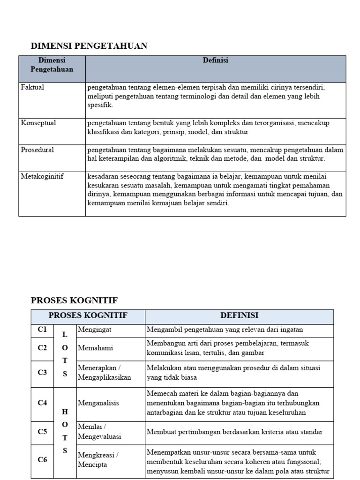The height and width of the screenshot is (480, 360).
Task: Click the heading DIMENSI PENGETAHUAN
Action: pos(89,45)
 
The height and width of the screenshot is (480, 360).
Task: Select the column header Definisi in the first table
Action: pos(215,60)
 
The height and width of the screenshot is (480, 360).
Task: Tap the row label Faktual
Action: pos(32,87)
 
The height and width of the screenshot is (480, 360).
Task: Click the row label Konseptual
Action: pos(38,123)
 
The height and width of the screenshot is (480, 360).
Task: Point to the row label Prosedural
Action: pos(37,150)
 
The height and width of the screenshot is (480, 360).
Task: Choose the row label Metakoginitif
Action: pos(42,177)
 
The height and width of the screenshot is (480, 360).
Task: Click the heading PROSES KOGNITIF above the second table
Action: pos(74,300)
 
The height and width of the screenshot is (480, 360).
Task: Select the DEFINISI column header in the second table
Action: pos(239,316)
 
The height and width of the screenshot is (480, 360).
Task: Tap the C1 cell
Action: pos(42,330)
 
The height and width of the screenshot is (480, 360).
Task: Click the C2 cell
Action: pos(42,348)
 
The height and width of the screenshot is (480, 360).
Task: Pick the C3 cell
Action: pos(42,373)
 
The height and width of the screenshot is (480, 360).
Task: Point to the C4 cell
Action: pos(42,403)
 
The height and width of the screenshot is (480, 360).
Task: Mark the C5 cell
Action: pos(42,432)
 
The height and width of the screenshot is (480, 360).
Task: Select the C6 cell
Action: pos(42,460)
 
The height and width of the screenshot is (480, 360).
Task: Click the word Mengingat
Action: pos(95,330)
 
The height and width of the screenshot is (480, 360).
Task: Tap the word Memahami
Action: pos(95,348)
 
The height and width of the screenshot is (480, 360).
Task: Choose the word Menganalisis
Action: pos(99,403)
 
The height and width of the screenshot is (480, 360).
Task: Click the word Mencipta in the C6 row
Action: pos(93,465)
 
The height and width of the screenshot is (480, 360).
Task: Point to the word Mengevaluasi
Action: pos(99,437)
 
